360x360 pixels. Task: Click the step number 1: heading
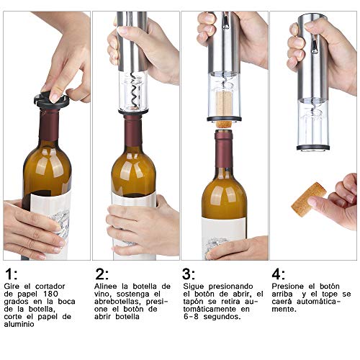(x=11, y=274)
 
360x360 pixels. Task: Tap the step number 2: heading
(x=102, y=274)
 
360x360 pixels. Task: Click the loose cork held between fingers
(x=308, y=199)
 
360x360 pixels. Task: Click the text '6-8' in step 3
(x=193, y=318)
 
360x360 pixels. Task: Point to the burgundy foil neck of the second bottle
(x=132, y=132)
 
